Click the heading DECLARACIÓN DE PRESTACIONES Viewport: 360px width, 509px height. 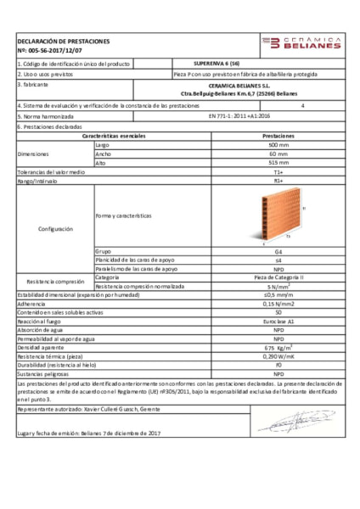[64, 41]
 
